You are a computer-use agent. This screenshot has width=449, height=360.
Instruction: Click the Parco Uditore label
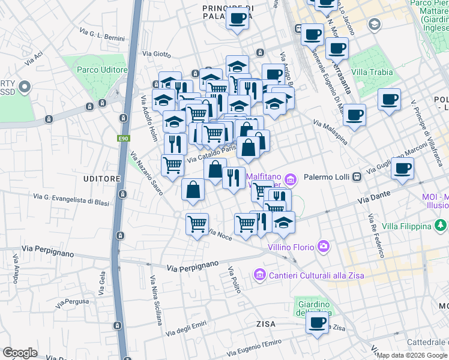(102, 70)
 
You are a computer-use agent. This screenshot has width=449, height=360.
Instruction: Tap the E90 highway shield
(123, 139)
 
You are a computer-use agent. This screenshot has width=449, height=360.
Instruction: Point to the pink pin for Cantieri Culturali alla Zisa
(260, 275)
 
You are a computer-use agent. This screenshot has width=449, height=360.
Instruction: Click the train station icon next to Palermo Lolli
(357, 177)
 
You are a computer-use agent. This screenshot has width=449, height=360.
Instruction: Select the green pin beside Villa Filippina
(441, 226)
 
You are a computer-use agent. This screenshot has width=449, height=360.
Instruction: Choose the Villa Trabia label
(372, 73)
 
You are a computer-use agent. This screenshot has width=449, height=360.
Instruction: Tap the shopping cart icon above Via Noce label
(197, 224)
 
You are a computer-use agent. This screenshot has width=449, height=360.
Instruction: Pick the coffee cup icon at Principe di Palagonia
(238, 19)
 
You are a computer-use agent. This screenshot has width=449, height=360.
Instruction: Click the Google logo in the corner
(20, 353)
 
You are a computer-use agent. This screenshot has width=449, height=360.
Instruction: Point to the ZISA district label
(265, 324)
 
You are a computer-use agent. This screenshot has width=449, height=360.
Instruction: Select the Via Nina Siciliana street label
(156, 300)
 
